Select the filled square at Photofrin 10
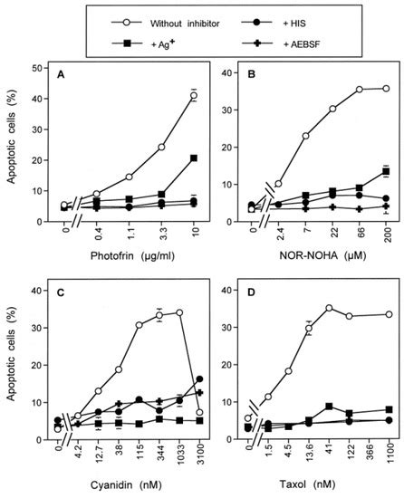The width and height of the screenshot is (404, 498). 193,158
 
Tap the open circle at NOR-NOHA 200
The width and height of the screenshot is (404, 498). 387,89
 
